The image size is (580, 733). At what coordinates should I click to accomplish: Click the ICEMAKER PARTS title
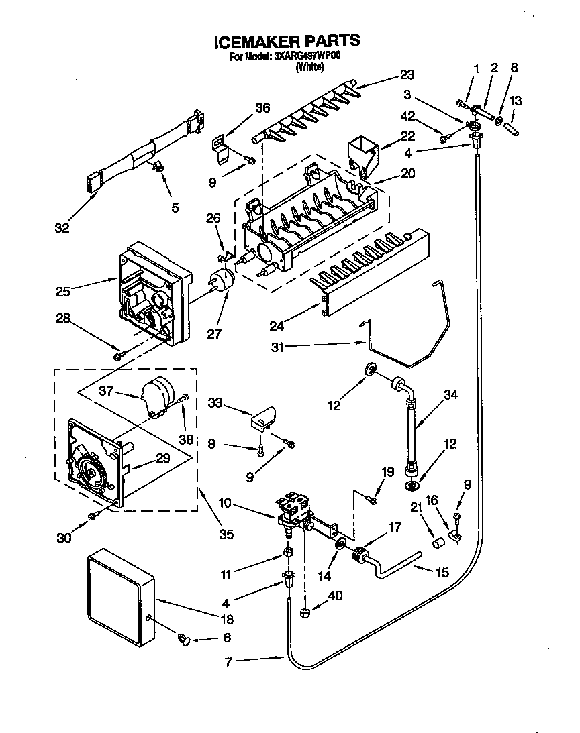287,42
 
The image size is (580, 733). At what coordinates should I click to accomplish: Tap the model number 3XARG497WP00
307,57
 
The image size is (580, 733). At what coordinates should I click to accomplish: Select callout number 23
407,74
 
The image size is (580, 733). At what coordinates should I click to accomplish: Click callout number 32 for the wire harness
62,228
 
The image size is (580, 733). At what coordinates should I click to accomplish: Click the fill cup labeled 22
362,154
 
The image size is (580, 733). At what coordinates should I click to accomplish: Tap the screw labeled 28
119,355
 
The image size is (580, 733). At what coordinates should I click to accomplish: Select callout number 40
334,594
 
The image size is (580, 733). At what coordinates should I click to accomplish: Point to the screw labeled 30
93,515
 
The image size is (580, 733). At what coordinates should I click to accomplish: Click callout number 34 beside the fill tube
450,395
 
